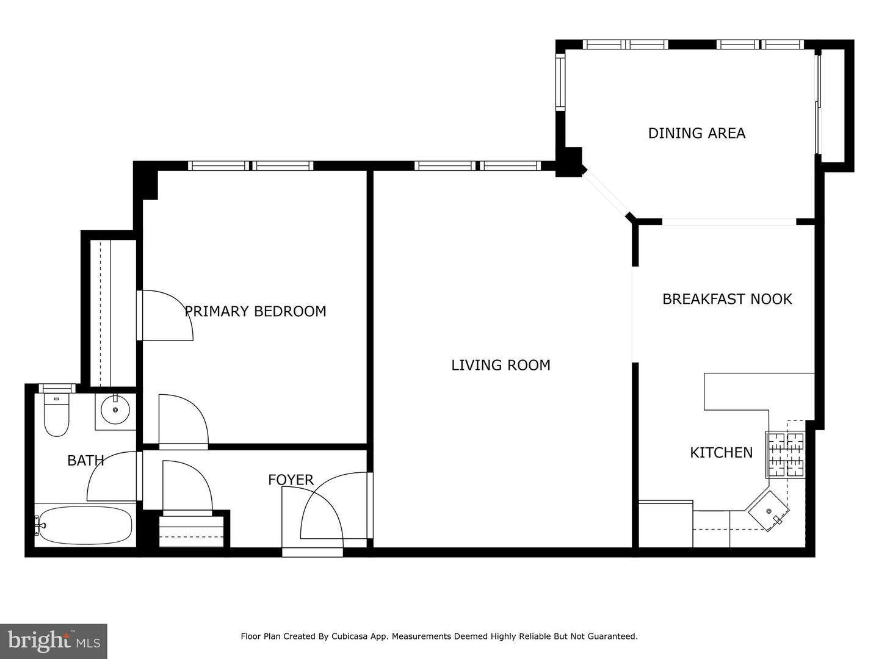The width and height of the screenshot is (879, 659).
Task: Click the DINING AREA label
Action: [696, 133]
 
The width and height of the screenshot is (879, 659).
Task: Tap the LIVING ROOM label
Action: [501, 365]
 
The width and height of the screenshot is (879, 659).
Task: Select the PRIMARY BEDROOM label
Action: [255, 311]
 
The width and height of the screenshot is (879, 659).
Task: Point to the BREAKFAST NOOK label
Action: [727, 299]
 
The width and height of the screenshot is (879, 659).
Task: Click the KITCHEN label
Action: [721, 453]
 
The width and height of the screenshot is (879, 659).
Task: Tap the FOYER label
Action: [291, 480]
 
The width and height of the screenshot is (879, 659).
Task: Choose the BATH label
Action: [85, 461]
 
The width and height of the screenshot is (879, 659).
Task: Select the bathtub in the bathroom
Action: [83, 525]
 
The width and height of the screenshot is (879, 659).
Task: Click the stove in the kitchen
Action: [786, 455]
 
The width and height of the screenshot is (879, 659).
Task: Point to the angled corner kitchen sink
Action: [769, 511]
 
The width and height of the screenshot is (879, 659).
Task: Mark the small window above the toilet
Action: [57, 388]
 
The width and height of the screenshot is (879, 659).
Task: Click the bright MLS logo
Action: [54, 641]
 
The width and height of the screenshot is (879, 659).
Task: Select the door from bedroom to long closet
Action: [165, 315]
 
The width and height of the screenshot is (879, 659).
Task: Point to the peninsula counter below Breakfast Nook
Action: [757, 391]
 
